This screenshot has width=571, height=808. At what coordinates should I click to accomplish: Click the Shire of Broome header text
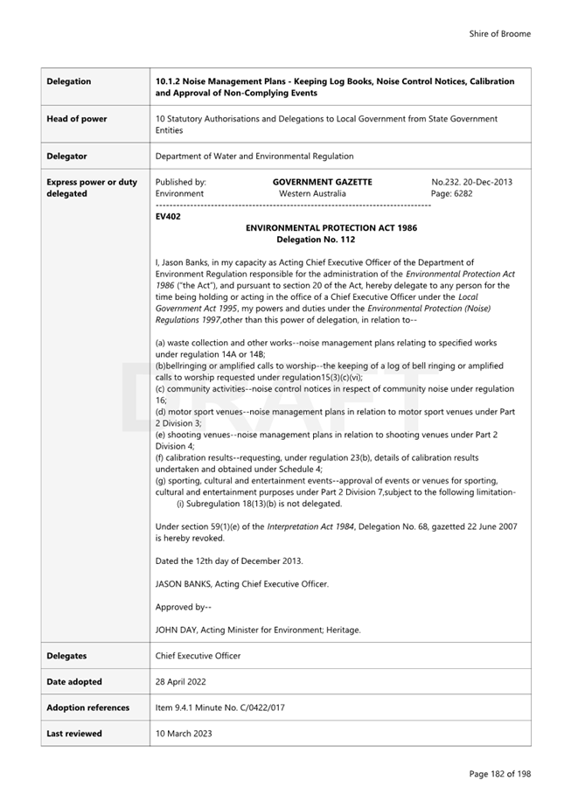[499, 34]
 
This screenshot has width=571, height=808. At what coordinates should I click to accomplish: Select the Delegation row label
[68, 81]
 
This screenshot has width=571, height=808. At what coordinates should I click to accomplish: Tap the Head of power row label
[76, 119]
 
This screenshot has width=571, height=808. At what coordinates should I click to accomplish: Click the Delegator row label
[66, 156]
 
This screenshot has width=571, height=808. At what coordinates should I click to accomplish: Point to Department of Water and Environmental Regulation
[254, 156]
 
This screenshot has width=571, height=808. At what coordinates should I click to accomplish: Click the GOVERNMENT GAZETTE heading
[322, 182]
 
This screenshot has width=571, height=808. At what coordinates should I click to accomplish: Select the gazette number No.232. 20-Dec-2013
[471, 182]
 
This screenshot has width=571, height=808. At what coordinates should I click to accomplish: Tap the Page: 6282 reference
[451, 193]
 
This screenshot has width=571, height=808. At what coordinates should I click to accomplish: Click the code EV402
[168, 216]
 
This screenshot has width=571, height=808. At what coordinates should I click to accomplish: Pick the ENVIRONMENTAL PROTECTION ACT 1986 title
[331, 227]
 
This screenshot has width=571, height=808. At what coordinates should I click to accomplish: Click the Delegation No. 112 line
[316, 239]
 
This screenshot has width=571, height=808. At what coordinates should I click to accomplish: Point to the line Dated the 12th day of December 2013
[229, 560]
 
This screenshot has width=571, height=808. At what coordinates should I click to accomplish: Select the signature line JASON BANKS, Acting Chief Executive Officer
[242, 583]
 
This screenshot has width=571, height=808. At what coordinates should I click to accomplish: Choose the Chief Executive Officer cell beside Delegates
[198, 655]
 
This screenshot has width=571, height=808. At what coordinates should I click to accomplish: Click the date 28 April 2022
[180, 681]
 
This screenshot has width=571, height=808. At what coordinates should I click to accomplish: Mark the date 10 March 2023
[183, 734]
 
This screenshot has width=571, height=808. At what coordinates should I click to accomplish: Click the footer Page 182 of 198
[499, 773]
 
